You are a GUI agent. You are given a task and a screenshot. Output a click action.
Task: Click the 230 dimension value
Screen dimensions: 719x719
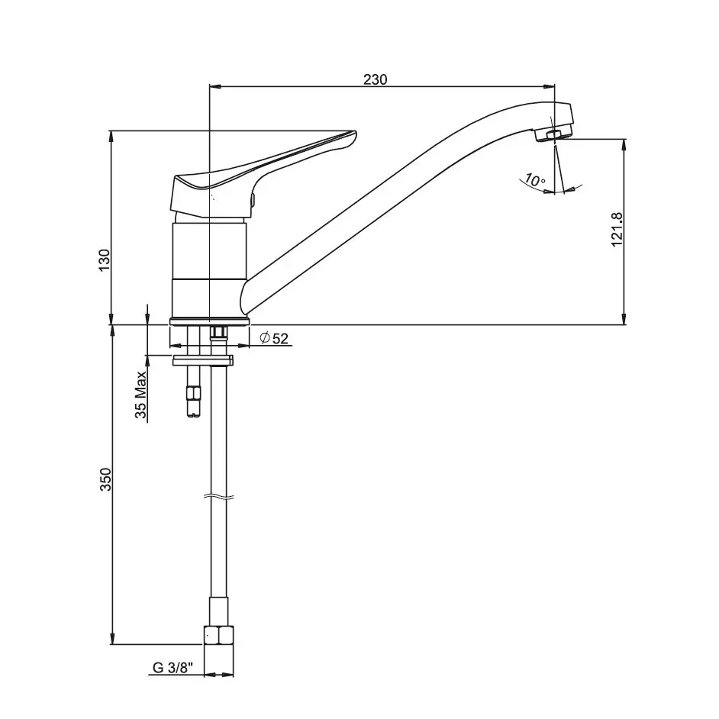(x=375, y=79)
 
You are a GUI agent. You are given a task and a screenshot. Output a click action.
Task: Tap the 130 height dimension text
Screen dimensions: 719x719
(x=105, y=260)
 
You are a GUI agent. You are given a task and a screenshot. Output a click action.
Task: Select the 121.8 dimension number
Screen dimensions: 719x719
(x=617, y=229)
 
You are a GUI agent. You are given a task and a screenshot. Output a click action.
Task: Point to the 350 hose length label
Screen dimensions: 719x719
(x=106, y=479)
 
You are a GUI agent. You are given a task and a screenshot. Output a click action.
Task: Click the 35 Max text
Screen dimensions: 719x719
(x=140, y=395)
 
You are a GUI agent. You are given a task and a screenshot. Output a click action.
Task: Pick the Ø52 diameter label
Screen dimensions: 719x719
(x=274, y=338)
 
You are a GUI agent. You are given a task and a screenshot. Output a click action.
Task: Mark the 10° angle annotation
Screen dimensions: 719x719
(x=534, y=180)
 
